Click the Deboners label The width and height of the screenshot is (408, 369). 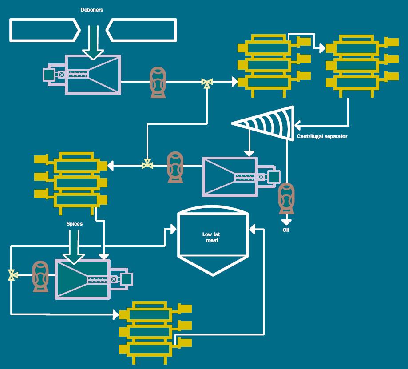click(92, 10)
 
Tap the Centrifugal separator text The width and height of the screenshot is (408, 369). click(322, 136)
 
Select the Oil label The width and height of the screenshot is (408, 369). click(286, 230)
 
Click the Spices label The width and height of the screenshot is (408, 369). click(74, 224)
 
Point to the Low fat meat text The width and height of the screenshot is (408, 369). click(212, 237)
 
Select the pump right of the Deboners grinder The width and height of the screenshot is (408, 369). click(158, 82)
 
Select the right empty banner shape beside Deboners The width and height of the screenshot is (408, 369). click(142, 30)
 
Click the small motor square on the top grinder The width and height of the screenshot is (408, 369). click(48, 75)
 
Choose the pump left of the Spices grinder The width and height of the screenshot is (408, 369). click(40, 276)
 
